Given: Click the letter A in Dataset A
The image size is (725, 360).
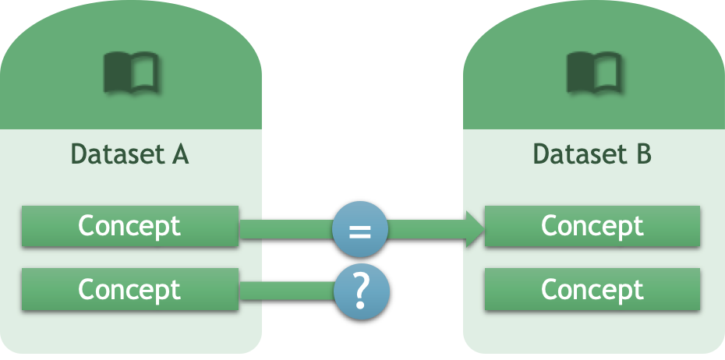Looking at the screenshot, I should point(179,154).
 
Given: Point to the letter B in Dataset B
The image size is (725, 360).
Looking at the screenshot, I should point(642,154).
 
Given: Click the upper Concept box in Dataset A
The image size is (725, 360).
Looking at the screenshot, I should point(129,226).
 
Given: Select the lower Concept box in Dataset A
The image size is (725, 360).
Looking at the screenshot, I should point(129,289).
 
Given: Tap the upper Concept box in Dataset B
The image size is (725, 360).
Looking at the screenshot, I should point(592,226).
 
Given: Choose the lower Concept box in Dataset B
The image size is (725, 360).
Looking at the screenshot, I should point(592,289).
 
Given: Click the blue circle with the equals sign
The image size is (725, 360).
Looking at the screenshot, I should point(359,229).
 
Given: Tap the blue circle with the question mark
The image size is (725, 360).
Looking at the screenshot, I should point(360,291).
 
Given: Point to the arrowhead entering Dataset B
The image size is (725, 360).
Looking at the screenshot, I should point(476,228).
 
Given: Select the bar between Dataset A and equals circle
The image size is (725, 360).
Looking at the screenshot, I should point(285,229).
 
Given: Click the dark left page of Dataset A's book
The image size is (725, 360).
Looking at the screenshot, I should point(118,72).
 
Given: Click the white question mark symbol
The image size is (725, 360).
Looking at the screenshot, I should point(360,291).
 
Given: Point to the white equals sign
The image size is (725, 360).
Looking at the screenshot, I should point(359,230).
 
